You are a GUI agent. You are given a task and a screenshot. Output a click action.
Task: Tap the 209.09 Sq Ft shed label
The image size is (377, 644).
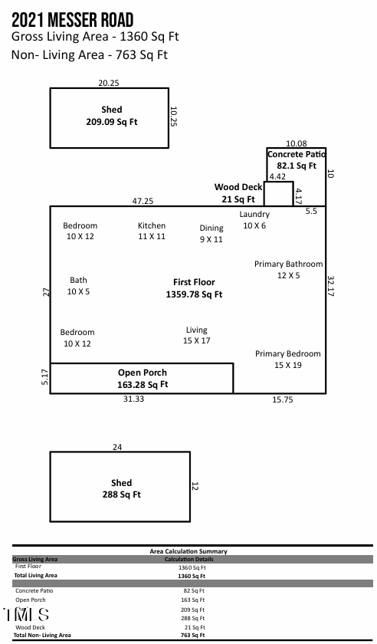[x=112, y=116]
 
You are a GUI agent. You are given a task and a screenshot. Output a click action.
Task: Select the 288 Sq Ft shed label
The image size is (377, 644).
[x=121, y=489]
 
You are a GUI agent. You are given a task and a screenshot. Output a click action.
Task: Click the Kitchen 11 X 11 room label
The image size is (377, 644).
[x=152, y=232]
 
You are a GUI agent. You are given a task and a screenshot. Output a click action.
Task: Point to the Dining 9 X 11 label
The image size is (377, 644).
[x=211, y=234]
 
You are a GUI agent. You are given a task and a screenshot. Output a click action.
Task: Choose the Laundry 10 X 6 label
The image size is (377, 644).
[x=254, y=220]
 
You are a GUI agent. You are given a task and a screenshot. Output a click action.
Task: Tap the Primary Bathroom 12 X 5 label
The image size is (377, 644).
[x=288, y=269]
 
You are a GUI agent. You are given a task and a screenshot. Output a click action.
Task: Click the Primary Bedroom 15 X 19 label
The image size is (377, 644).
[x=288, y=360]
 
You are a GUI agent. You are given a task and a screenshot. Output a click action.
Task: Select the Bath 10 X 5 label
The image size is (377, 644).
[x=78, y=286]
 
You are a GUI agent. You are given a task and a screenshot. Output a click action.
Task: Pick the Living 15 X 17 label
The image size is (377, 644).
[x=196, y=335]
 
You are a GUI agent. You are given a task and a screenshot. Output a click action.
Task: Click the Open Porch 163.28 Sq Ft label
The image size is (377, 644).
[x=143, y=379]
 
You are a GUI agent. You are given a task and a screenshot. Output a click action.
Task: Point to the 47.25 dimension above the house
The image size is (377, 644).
[x=143, y=201]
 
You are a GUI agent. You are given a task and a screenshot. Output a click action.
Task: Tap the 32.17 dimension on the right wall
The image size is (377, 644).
[x=331, y=286]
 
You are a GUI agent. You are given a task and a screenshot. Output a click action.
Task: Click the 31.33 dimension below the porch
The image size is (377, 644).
[x=134, y=399]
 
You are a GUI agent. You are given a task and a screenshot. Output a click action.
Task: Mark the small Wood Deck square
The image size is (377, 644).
[x=278, y=193]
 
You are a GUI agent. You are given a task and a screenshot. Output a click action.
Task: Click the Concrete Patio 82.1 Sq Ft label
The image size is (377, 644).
[x=297, y=159]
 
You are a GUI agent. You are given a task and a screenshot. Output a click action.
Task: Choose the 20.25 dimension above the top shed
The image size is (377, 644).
[x=109, y=83]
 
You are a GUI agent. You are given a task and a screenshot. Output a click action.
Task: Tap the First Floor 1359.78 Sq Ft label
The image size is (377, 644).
[x=194, y=288]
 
